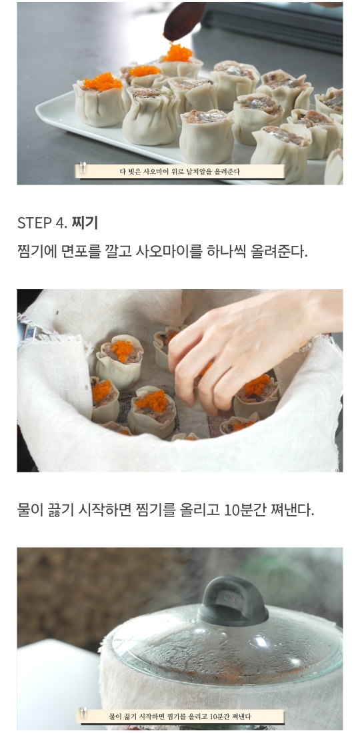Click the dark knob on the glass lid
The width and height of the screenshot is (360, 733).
233,600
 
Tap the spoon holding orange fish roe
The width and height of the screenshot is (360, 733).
184,21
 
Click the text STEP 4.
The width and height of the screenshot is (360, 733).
43,223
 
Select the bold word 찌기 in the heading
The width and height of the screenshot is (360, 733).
85,223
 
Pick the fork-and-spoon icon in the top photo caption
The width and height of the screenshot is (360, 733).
83,167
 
